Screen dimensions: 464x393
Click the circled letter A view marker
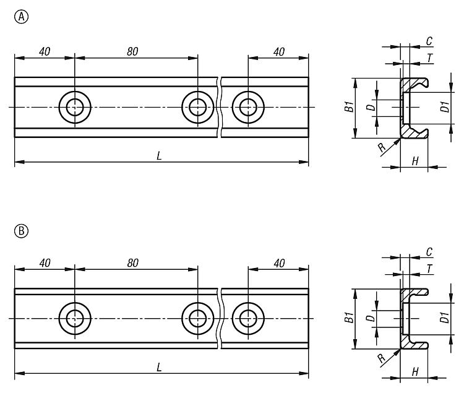click(22, 17)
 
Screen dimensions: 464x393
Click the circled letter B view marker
click(22, 231)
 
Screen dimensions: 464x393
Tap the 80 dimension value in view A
click(132, 52)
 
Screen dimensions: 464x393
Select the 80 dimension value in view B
click(132, 263)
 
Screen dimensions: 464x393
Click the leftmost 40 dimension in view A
click(45, 52)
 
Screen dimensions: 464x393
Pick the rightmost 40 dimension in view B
click(279, 263)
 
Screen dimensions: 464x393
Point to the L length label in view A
click(159, 156)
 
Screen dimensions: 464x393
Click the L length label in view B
click(159, 368)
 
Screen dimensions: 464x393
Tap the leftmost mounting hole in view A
click(75, 107)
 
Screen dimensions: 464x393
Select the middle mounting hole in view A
click(198, 107)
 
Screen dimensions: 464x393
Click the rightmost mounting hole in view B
click(248, 319)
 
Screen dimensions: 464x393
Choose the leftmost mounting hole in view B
click(75, 319)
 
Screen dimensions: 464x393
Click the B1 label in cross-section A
click(350, 107)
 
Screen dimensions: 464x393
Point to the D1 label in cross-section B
click(445, 317)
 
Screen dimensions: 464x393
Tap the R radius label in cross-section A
click(382, 147)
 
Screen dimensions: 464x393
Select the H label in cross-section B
click(416, 372)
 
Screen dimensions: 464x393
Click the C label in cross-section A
click(429, 41)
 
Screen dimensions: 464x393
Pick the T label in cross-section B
click(430, 269)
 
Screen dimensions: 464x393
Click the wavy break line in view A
click(219, 107)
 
